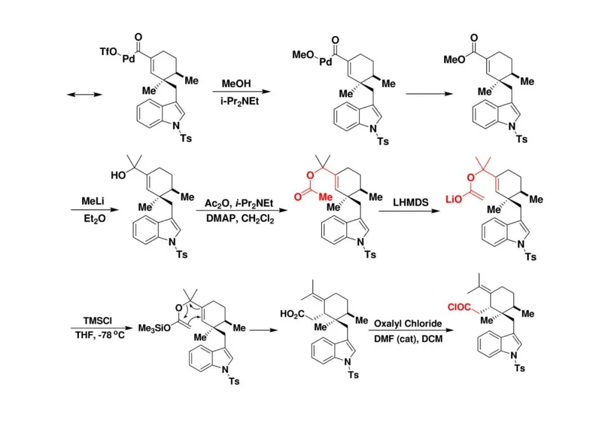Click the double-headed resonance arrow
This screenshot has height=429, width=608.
[x=84, y=94]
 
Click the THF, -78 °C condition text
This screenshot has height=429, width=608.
[x=92, y=336]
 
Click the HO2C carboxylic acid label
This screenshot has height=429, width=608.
[x=293, y=314]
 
